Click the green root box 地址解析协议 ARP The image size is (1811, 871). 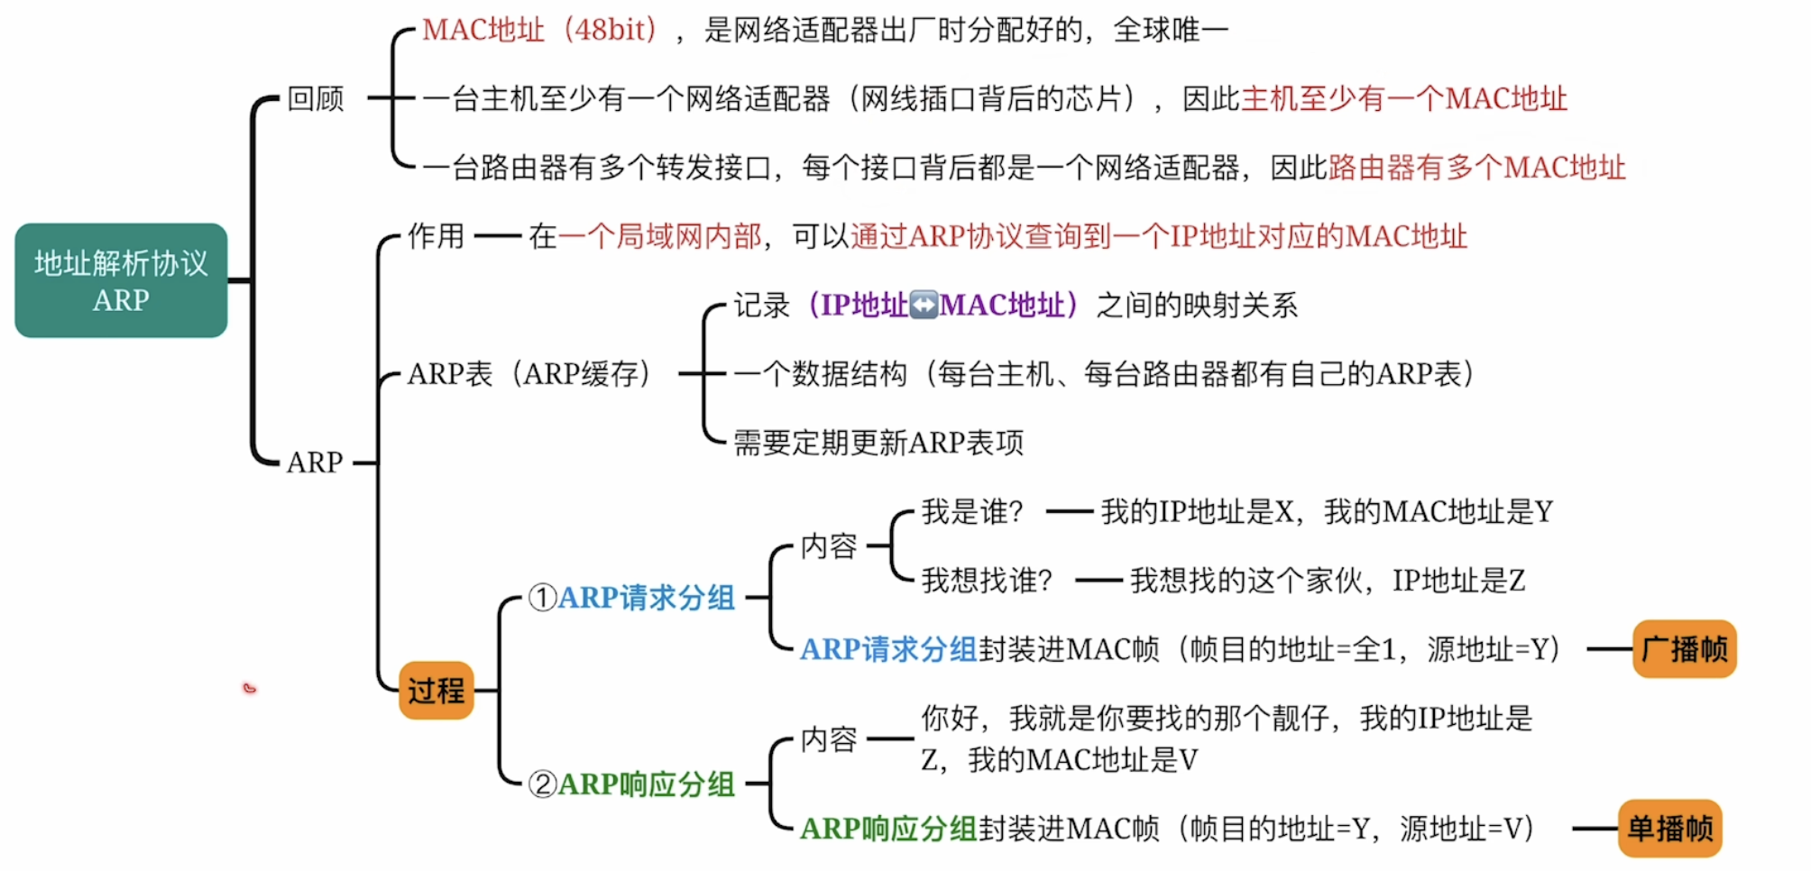pyautogui.click(x=121, y=280)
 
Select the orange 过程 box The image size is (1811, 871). pyautogui.click(x=437, y=691)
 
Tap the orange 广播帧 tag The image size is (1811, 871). pyautogui.click(x=1684, y=649)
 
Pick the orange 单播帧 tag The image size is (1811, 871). pyautogui.click(x=1669, y=828)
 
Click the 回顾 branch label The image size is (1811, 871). pyautogui.click(x=316, y=98)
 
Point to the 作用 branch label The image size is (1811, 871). pyautogui.click(x=436, y=236)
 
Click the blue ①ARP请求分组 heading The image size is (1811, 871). pyautogui.click(x=632, y=597)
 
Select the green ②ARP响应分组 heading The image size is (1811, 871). pyautogui.click(x=632, y=784)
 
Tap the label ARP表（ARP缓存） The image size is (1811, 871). pyautogui.click(x=529, y=373)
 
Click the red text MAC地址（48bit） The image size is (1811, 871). pyautogui.click(x=540, y=30)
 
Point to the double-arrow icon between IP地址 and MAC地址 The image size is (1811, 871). pyautogui.click(x=924, y=305)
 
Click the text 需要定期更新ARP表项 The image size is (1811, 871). pyautogui.click(x=878, y=443)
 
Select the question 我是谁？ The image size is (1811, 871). pyautogui.click(x=972, y=511)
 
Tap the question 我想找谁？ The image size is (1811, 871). pyautogui.click(x=987, y=580)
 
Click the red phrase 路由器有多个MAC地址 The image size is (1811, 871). pyautogui.click(x=1476, y=167)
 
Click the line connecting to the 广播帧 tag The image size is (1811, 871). pyautogui.click(x=1609, y=649)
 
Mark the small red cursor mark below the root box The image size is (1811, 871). pyautogui.click(x=250, y=689)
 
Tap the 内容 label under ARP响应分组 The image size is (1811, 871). pyautogui.click(x=829, y=739)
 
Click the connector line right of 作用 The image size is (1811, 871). pyautogui.click(x=498, y=236)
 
